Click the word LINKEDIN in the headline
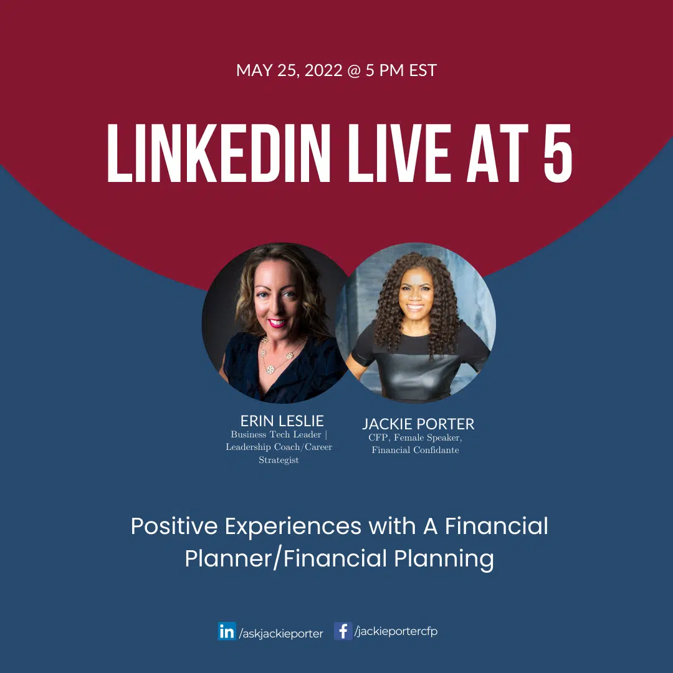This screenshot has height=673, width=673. [x=219, y=153]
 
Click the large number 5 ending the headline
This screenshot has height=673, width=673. [x=558, y=153]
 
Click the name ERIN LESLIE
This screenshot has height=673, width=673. [x=282, y=421]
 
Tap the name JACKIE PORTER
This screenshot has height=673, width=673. [x=419, y=424]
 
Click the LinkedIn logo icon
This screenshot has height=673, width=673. [x=227, y=631]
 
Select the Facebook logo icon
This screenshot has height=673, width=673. [x=343, y=631]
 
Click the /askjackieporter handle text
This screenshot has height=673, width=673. [x=281, y=634]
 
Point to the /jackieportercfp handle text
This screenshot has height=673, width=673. [x=396, y=631]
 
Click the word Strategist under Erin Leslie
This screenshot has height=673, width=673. [x=279, y=460]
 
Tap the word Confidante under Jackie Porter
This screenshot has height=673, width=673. [x=436, y=451]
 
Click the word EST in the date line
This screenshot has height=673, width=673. [x=422, y=70]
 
